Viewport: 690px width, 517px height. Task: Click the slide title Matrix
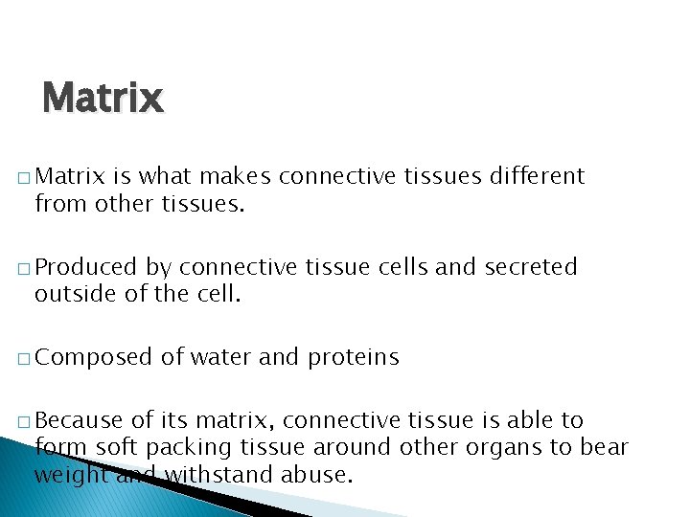103,98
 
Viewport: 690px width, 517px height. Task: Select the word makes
237,176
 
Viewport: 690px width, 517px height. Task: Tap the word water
220,358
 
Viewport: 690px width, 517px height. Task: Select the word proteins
353,358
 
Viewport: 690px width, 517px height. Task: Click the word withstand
211,473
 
